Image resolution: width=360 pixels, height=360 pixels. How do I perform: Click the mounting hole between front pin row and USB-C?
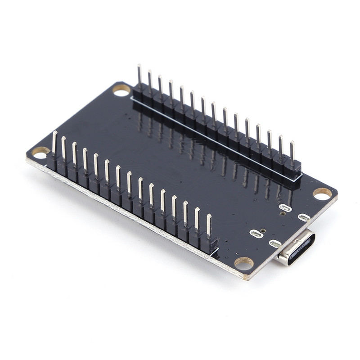coord(244,263)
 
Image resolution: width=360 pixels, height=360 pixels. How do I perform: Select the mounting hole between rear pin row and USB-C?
coord(322,193)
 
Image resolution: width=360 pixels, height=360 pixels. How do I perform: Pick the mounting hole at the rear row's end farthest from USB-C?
coord(121,90)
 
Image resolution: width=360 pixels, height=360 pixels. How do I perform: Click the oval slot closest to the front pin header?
coord(256,234)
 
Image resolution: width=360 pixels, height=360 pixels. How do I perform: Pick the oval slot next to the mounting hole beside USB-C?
coord(304,218)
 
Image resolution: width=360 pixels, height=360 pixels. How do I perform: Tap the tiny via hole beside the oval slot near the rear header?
coord(282,214)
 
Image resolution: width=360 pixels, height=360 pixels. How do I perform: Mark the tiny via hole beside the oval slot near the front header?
coord(263,230)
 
